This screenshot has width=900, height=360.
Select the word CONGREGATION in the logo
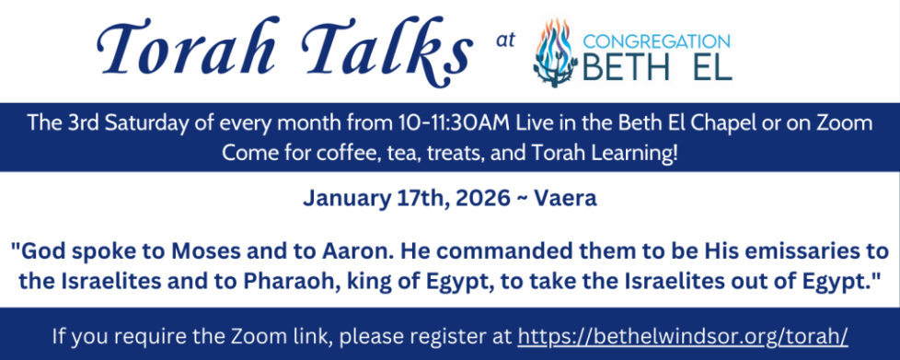(x=656, y=41)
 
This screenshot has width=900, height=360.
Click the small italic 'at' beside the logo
(x=502, y=40)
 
